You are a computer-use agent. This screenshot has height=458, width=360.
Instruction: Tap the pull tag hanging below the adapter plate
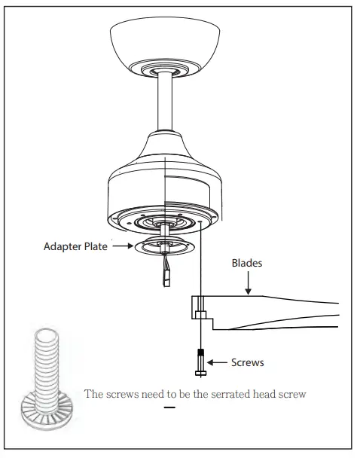(x=166, y=272)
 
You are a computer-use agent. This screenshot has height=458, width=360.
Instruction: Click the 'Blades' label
(x=247, y=264)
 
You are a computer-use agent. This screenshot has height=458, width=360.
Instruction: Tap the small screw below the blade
(x=201, y=362)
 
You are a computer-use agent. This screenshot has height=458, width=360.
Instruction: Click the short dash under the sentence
(x=169, y=408)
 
